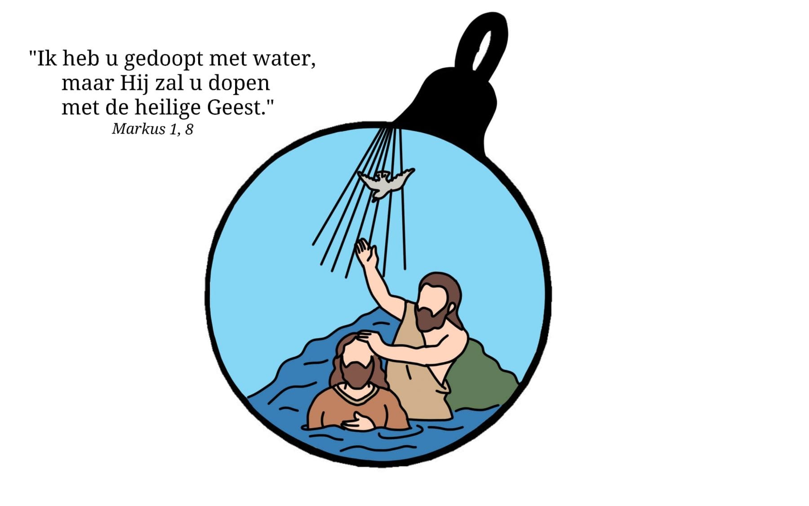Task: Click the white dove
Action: coord(385,183)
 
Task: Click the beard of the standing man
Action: coord(430,316)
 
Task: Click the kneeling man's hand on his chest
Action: coord(358,421)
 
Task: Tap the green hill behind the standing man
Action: coord(481,378)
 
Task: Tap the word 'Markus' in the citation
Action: coord(139,129)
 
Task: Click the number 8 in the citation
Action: coord(189,130)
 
